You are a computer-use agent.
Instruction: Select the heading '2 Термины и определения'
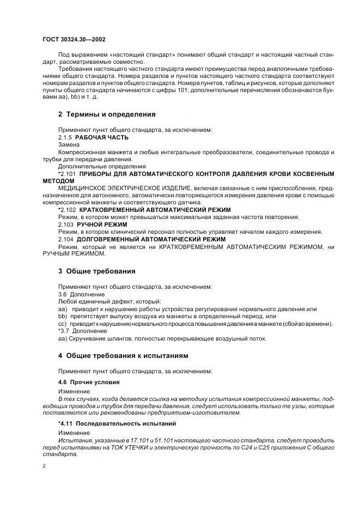pyautogui.click(x=107, y=114)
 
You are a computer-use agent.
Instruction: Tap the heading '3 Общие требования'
pyautogui.click(x=96, y=271)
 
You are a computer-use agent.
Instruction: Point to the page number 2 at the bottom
pyautogui.click(x=44, y=466)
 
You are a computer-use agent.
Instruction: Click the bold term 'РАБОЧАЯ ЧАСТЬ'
pyautogui.click(x=102, y=138)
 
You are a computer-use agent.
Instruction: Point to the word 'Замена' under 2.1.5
pyautogui.click(x=69, y=145)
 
